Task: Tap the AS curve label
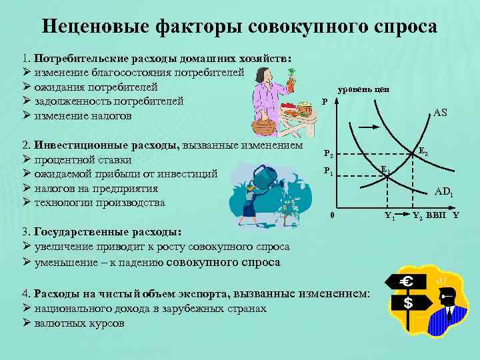click(x=440, y=113)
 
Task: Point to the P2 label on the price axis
click(x=329, y=153)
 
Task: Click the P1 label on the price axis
click(x=328, y=171)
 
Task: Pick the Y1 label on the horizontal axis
click(x=390, y=216)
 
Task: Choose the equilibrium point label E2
click(x=423, y=153)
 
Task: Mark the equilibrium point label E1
click(x=385, y=169)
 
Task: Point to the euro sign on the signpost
click(x=406, y=283)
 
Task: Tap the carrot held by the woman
click(x=291, y=85)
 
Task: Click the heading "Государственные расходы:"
click(x=107, y=232)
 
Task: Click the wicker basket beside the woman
click(x=264, y=126)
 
